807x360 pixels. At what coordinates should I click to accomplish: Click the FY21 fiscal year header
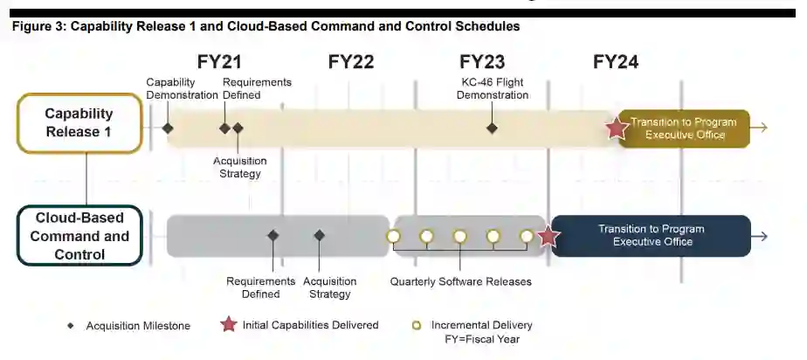point(220,62)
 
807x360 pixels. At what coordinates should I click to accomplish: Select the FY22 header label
point(351,62)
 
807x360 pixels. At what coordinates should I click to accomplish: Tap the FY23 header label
point(482,62)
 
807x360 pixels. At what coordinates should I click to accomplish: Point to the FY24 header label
point(616,62)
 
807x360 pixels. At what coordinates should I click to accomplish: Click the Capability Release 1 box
point(79,123)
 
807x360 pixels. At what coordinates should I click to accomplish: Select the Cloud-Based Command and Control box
point(79,236)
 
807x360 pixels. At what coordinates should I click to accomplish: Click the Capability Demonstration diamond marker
point(168,128)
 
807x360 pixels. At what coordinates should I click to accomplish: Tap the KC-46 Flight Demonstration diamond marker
point(492,128)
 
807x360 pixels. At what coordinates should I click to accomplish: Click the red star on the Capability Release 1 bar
point(617,128)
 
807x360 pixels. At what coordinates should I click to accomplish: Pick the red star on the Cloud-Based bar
point(548,236)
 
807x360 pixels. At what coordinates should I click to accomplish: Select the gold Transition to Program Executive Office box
point(684,128)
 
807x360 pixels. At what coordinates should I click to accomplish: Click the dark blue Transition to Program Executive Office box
point(651,236)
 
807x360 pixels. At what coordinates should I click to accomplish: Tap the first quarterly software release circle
point(393,236)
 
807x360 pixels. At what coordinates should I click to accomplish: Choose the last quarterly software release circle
point(527,236)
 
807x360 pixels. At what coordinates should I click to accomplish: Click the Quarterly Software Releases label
point(460,282)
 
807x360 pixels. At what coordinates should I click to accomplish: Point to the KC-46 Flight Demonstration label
point(493,88)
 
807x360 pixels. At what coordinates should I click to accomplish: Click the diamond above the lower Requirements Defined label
point(273,235)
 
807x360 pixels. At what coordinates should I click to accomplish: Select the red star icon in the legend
point(229,325)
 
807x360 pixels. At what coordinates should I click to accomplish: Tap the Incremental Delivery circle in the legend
point(417,326)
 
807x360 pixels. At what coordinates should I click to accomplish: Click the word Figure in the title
point(31,26)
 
